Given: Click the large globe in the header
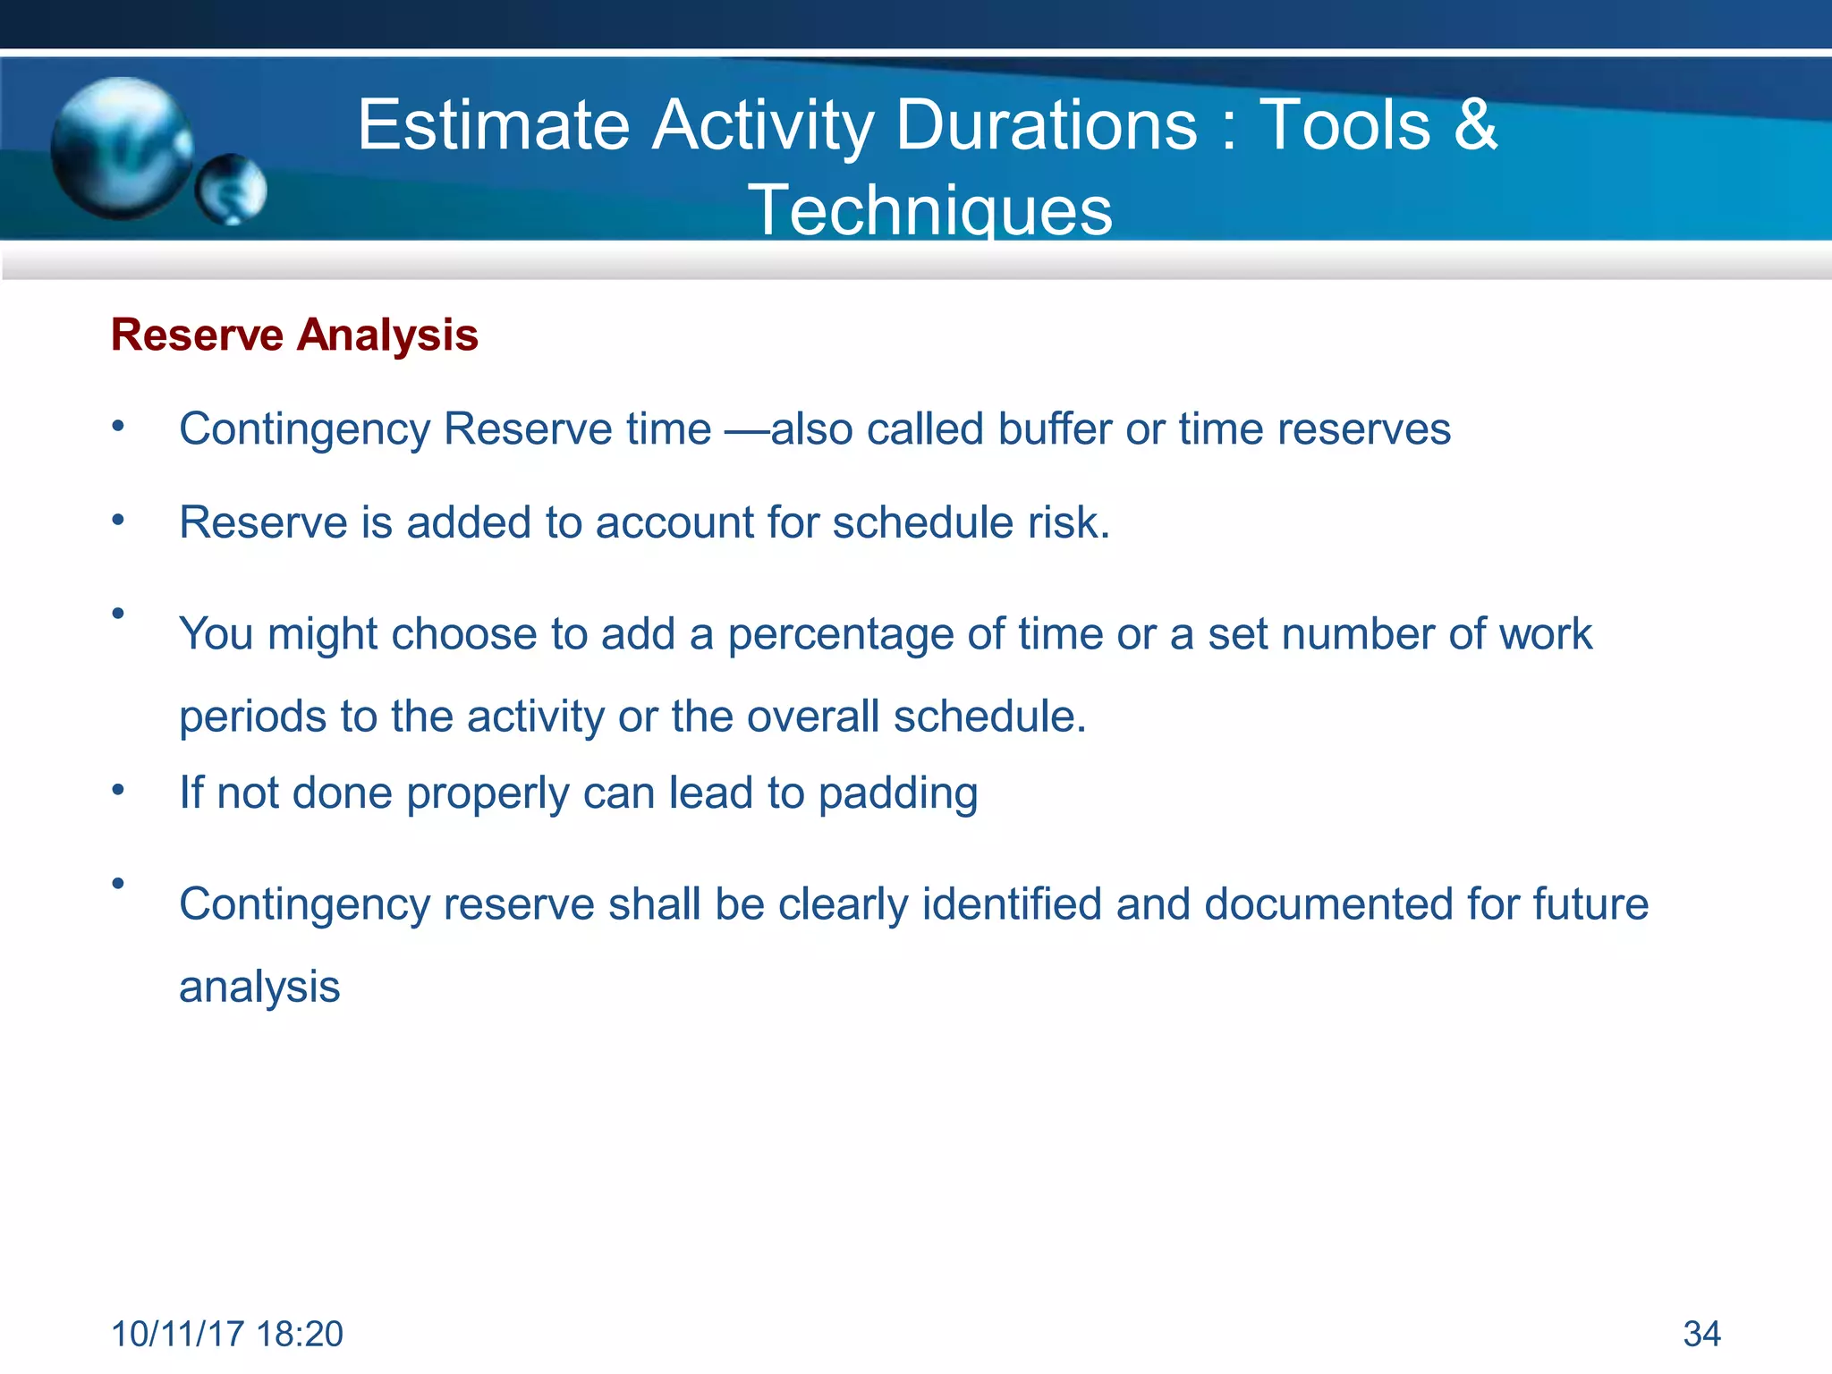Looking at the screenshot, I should pos(120,148).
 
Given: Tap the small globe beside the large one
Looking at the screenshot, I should pos(232,189).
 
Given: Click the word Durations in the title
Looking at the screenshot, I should pos(1046,124).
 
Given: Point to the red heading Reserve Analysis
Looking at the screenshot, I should pos(294,335).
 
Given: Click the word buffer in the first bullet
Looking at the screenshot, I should pos(1055,428).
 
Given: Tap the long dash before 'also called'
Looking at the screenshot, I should pos(746,430).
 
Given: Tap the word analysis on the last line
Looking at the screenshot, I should pos(259,988).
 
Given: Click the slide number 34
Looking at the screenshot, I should pos(1701,1334).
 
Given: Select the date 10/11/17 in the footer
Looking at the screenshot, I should pos(177,1334).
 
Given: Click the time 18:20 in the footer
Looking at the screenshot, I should pos(299,1334).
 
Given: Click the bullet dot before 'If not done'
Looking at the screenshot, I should pos(118,791).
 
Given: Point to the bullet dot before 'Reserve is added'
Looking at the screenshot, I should pos(118,520).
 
